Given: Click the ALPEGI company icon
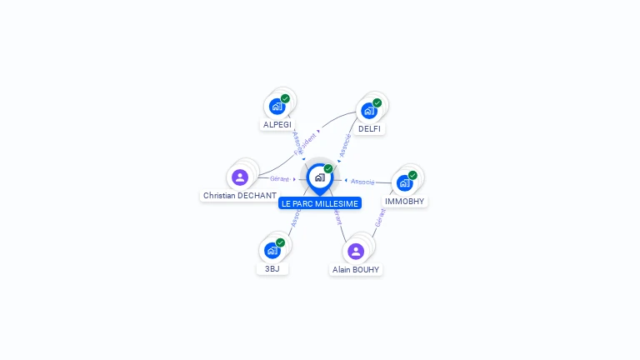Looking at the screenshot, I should (276, 107).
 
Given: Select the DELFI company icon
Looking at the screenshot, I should (368, 111).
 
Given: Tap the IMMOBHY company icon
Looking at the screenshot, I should (404, 183).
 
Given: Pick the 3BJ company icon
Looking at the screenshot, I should (272, 250).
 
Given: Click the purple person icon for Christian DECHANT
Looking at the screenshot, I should (240, 177).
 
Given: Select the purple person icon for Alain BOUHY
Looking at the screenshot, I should (356, 251).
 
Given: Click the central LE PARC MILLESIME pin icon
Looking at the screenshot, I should (319, 177).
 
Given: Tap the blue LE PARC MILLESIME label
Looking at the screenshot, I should (320, 203).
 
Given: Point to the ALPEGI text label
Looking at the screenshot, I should (277, 125).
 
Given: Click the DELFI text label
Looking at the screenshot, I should (369, 129).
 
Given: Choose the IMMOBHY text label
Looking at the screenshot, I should (405, 202).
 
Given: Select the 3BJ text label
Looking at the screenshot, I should (272, 269).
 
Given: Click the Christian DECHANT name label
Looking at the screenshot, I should (239, 196).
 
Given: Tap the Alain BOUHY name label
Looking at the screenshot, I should (356, 270).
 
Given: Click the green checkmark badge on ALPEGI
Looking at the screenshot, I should (285, 99).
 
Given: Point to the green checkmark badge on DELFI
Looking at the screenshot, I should (377, 103).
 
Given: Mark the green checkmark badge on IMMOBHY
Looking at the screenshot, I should (412, 175).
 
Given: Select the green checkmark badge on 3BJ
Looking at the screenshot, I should (280, 242).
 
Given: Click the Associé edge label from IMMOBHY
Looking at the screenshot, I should (362, 181).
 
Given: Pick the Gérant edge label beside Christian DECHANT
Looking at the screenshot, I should (280, 179).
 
